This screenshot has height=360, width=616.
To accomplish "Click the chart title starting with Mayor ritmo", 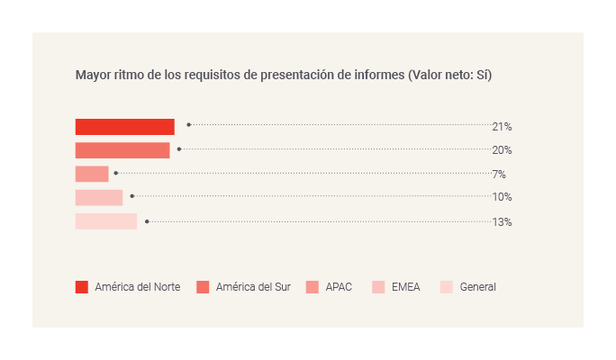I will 284,76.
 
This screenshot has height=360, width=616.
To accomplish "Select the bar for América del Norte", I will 124,127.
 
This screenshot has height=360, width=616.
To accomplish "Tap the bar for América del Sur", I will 122,150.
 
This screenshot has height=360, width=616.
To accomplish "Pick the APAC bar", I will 92,174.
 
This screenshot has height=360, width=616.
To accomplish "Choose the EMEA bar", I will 99,197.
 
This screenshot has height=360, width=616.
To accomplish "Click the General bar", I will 106,221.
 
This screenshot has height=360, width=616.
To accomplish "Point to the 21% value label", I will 502,127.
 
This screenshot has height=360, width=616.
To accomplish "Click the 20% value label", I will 502,150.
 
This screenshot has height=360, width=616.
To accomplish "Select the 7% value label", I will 499,174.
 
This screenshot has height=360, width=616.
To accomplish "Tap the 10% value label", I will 502,197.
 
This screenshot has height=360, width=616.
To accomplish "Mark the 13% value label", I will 502,221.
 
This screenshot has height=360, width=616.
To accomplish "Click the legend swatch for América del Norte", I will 82,287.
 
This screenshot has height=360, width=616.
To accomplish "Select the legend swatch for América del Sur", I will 203,287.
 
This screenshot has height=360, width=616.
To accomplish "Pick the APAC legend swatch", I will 312,287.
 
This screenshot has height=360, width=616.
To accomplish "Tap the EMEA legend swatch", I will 378,287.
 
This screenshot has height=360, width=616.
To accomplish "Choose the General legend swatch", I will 447,287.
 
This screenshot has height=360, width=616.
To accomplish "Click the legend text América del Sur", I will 253,287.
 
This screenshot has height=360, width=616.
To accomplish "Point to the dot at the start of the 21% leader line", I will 188,124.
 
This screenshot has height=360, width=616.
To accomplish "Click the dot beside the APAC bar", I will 116,172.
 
